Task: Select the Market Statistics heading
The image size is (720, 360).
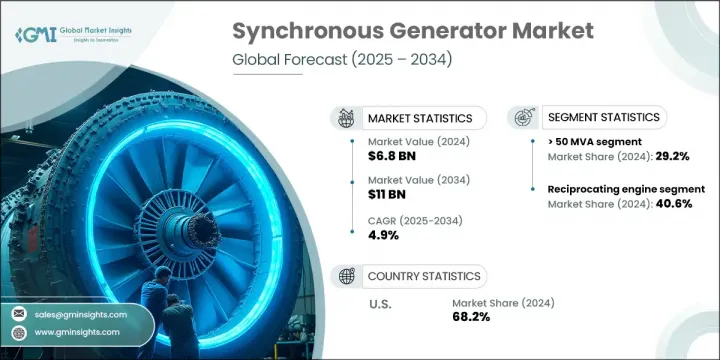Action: (419, 119)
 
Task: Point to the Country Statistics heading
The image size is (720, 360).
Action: (422, 276)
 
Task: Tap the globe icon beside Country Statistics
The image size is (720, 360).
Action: (349, 276)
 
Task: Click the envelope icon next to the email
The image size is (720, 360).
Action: (19, 313)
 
